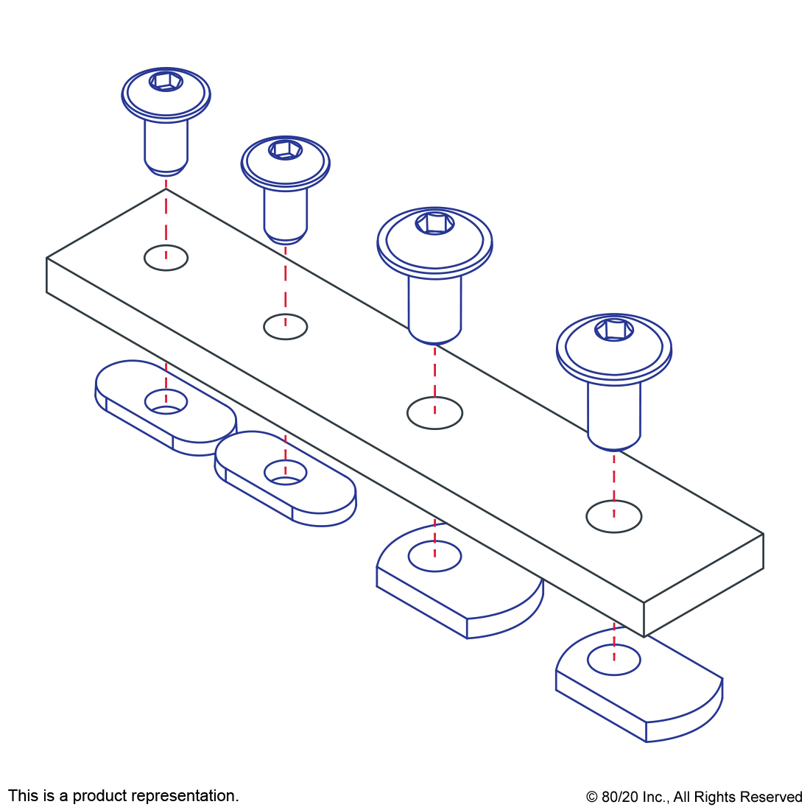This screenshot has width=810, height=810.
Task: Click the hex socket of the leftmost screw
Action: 166,81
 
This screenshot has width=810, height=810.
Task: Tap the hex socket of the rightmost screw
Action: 614,330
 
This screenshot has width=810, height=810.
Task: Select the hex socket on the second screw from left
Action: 285,149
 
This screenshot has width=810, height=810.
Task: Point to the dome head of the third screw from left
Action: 434,242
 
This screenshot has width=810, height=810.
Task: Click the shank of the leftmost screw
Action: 166,148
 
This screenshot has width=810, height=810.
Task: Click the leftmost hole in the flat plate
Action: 166,258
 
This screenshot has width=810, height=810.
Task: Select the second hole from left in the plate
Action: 285,326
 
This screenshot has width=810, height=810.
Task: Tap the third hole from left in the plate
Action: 434,413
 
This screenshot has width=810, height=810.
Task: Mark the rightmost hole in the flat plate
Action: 614,516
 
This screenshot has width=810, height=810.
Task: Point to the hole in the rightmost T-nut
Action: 614,660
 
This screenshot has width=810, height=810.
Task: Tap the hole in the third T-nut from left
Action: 434,556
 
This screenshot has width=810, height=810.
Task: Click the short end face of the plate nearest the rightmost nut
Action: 703,585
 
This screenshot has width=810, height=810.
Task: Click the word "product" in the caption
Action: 98,795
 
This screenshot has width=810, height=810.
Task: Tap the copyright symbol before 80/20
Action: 591,797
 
